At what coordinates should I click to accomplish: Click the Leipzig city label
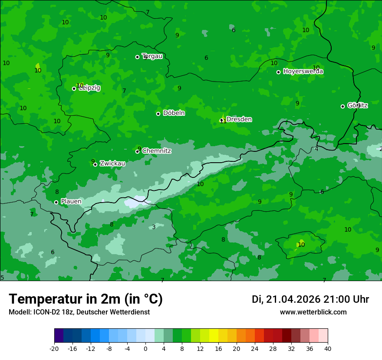pos(89,88)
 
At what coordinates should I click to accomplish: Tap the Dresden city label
pos(239,119)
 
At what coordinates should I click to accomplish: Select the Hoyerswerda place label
pos(303,72)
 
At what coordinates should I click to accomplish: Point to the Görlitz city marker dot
pos(342,106)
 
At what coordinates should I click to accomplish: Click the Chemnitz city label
pos(156,151)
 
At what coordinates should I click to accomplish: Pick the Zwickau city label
pos(112,164)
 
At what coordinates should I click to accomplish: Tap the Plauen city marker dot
pos(56,202)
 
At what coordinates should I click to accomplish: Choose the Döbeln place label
pos(174,113)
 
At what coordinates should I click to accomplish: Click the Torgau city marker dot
pos(137,57)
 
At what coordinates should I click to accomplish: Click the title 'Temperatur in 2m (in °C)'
pos(86,299)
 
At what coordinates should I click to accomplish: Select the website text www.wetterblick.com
pos(313,312)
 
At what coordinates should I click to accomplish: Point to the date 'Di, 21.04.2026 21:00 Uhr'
pos(310,299)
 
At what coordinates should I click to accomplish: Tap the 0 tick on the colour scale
pos(145,348)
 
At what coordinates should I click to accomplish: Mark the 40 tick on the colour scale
pos(327,348)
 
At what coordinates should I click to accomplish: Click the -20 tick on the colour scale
pos(54,348)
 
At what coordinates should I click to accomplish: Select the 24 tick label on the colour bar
pos(255,348)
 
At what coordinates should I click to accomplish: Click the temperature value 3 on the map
pos(154,227)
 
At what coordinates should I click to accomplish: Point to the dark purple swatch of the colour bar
pos(59,336)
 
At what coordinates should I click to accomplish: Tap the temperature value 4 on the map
pos(316,149)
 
